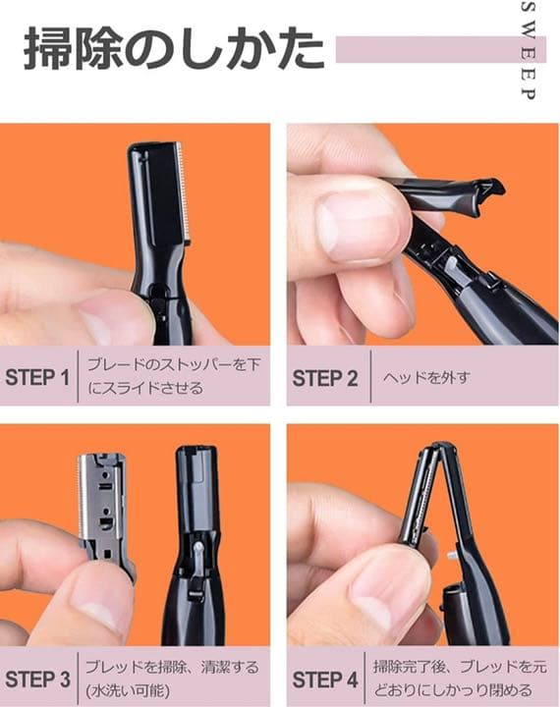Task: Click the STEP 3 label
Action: click(37, 678)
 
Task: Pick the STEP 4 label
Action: click(325, 678)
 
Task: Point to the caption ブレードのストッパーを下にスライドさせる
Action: click(173, 376)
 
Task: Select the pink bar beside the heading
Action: click(422, 49)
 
